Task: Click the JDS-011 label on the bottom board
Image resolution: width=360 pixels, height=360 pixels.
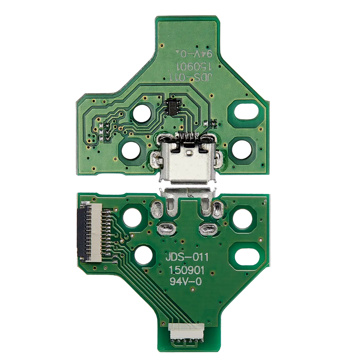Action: pos(187,257)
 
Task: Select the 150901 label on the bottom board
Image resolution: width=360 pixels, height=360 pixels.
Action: pos(187,270)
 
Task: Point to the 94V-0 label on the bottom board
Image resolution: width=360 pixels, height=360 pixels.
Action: pos(186,281)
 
